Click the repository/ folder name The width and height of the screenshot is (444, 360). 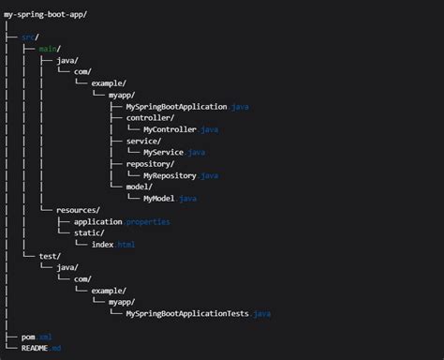[152, 163]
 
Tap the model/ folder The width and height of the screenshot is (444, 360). [141, 187]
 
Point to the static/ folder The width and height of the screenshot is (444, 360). [104, 232]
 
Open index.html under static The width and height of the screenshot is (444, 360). [113, 245]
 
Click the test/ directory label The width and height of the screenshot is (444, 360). [50, 256]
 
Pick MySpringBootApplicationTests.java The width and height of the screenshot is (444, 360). [198, 313]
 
